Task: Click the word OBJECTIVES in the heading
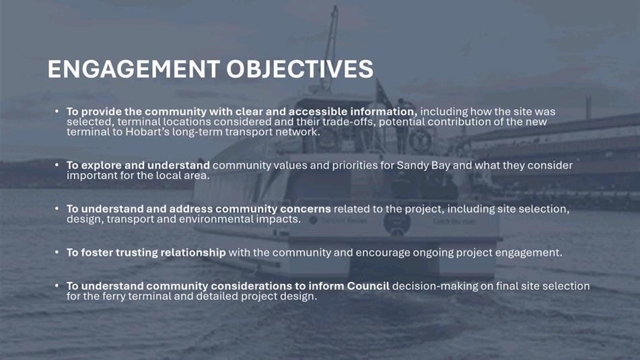[x=300, y=69]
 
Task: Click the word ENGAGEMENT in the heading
[x=134, y=69]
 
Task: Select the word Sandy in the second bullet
[x=411, y=166]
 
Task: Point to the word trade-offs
[x=349, y=122]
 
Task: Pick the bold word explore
[x=101, y=166]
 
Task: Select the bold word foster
[x=97, y=252]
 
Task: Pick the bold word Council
[x=368, y=286]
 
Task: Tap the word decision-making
[x=435, y=286]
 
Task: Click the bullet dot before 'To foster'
[x=57, y=252]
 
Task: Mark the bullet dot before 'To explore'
[x=57, y=165]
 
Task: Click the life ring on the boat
[x=420, y=141]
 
